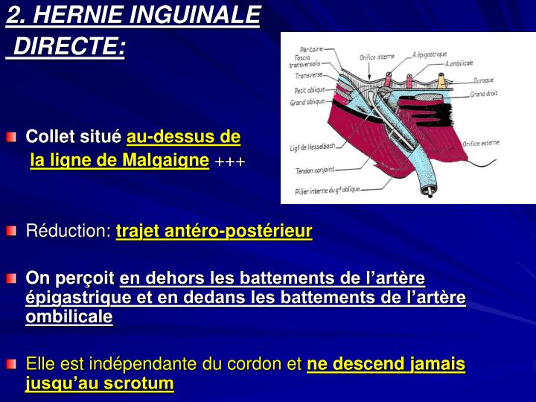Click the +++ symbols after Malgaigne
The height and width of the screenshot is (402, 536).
tap(230, 162)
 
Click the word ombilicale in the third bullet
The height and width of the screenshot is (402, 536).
tap(68, 316)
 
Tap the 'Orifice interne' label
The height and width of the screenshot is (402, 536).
tap(376, 57)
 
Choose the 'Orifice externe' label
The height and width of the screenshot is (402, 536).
tap(480, 142)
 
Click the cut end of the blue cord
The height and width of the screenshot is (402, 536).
tap(427, 190)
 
